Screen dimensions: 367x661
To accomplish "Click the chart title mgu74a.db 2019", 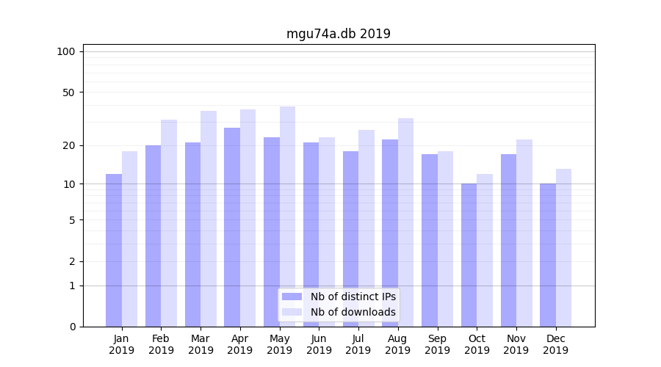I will [338, 34].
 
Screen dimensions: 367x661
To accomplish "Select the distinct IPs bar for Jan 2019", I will [114, 250].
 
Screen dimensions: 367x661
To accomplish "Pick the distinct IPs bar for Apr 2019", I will [232, 227].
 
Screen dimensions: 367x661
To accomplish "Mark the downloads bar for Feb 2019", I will [169, 223].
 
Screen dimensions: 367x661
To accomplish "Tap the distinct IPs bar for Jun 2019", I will [311, 234].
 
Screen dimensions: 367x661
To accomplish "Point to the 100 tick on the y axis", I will [66, 51].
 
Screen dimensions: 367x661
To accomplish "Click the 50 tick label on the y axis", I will [69, 92].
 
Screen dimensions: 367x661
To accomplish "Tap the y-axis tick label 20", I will [69, 145].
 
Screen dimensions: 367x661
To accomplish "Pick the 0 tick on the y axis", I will [72, 327].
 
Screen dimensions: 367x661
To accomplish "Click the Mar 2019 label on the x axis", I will [201, 344].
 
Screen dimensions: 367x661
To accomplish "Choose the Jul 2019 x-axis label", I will [358, 344].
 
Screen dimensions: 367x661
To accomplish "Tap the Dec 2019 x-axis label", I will [555, 344].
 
